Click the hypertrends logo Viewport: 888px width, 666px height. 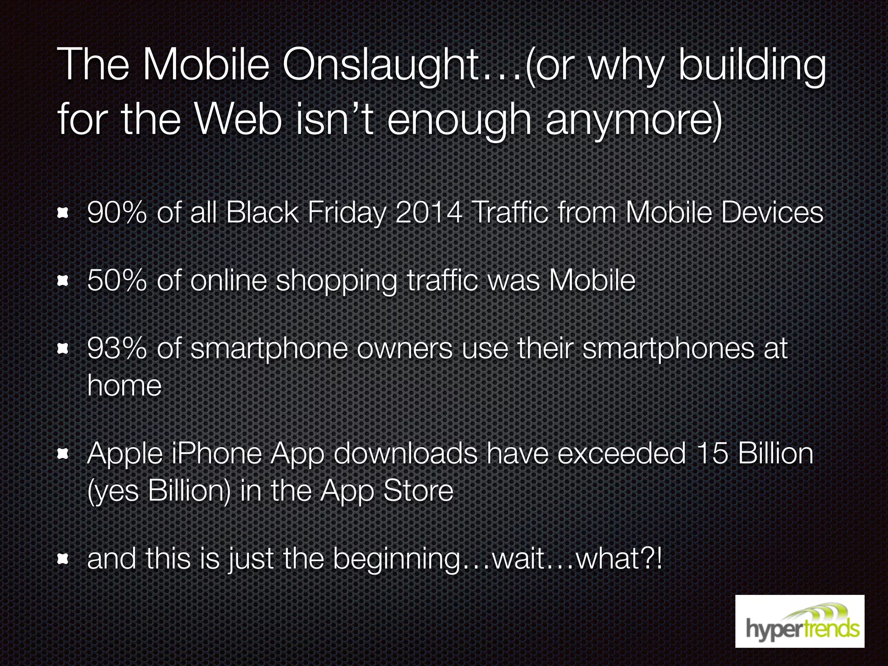(800, 621)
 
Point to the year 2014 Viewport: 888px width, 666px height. (428, 213)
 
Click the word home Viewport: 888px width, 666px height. (124, 385)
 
